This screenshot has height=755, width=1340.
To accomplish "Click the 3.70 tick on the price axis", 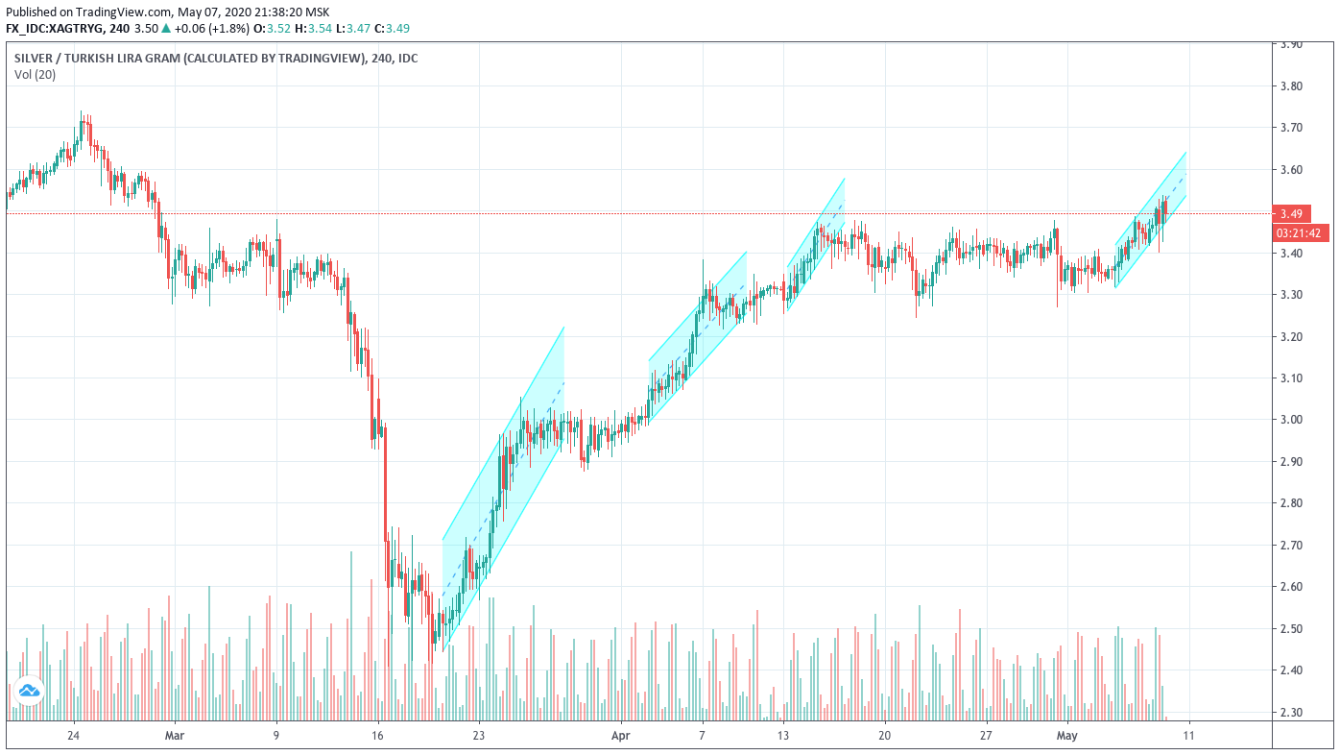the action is click(1291, 128).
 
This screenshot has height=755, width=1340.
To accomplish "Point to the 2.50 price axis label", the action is click(1291, 628).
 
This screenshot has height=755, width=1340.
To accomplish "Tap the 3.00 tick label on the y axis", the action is click(1291, 420).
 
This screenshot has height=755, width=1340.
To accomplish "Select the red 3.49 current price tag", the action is click(1292, 214).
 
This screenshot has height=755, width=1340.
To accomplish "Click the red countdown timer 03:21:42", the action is click(1301, 232).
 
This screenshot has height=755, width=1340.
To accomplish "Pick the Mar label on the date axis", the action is click(174, 735).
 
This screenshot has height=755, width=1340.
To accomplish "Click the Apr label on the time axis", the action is click(620, 735).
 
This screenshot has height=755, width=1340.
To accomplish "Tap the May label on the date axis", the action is click(1066, 735).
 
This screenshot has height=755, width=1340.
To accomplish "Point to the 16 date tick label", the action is click(377, 735).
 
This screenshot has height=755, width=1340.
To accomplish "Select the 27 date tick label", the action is click(985, 735).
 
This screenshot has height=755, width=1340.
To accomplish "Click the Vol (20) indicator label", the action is click(35, 75).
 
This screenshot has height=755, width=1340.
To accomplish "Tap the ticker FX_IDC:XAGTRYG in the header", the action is click(55, 28).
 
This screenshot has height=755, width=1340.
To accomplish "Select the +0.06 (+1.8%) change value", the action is click(212, 28).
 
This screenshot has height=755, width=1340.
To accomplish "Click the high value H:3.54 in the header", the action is click(314, 28).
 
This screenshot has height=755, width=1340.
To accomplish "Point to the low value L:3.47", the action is click(353, 28).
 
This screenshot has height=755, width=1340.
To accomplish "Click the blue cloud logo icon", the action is click(29, 691).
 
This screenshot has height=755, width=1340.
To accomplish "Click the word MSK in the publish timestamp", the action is click(317, 12).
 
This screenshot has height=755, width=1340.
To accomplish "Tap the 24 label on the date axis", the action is click(73, 735).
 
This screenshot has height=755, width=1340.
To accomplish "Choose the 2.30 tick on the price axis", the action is click(1291, 713).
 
